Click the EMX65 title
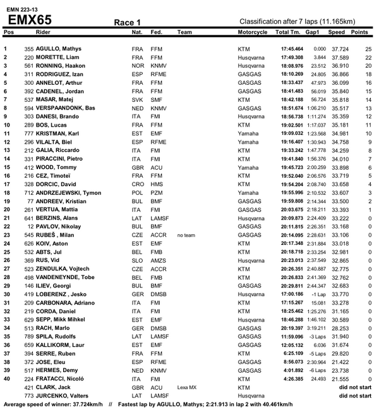30,19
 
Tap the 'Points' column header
359,32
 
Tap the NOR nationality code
137,65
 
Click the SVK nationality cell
137,99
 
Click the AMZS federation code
159,260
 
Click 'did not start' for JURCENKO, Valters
356,396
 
